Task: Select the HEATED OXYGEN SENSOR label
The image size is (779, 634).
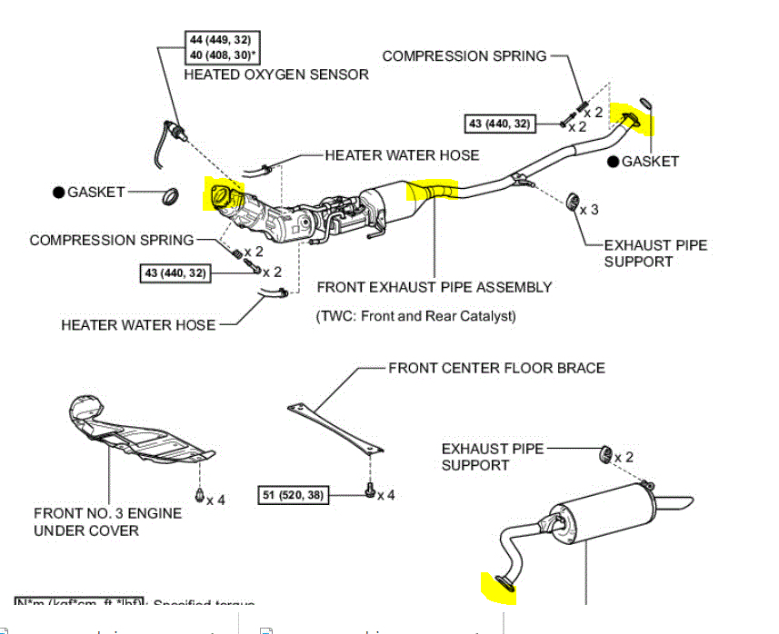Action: tap(276, 74)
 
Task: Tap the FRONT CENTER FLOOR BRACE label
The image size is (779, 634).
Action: tap(496, 368)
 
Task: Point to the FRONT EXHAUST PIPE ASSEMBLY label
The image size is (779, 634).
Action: tap(434, 287)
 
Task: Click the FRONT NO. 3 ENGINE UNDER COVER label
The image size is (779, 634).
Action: tap(107, 521)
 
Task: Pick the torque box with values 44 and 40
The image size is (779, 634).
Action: tap(220, 47)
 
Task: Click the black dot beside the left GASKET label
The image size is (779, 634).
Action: tap(59, 193)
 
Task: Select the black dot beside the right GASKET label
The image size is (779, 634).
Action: tap(614, 162)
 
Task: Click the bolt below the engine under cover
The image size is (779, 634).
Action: tap(199, 495)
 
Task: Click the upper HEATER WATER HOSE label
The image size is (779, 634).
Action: tap(402, 155)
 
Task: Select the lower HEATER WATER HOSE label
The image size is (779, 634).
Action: tap(138, 324)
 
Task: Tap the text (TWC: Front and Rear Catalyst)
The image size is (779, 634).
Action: tap(416, 316)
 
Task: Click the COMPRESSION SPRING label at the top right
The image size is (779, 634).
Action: tap(464, 55)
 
